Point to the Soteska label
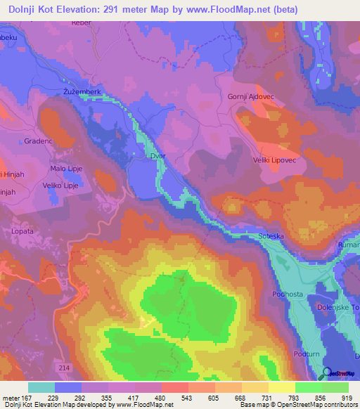click(x=271, y=237)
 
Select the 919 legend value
click(x=347, y=397)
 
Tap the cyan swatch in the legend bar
click(x=41, y=387)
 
